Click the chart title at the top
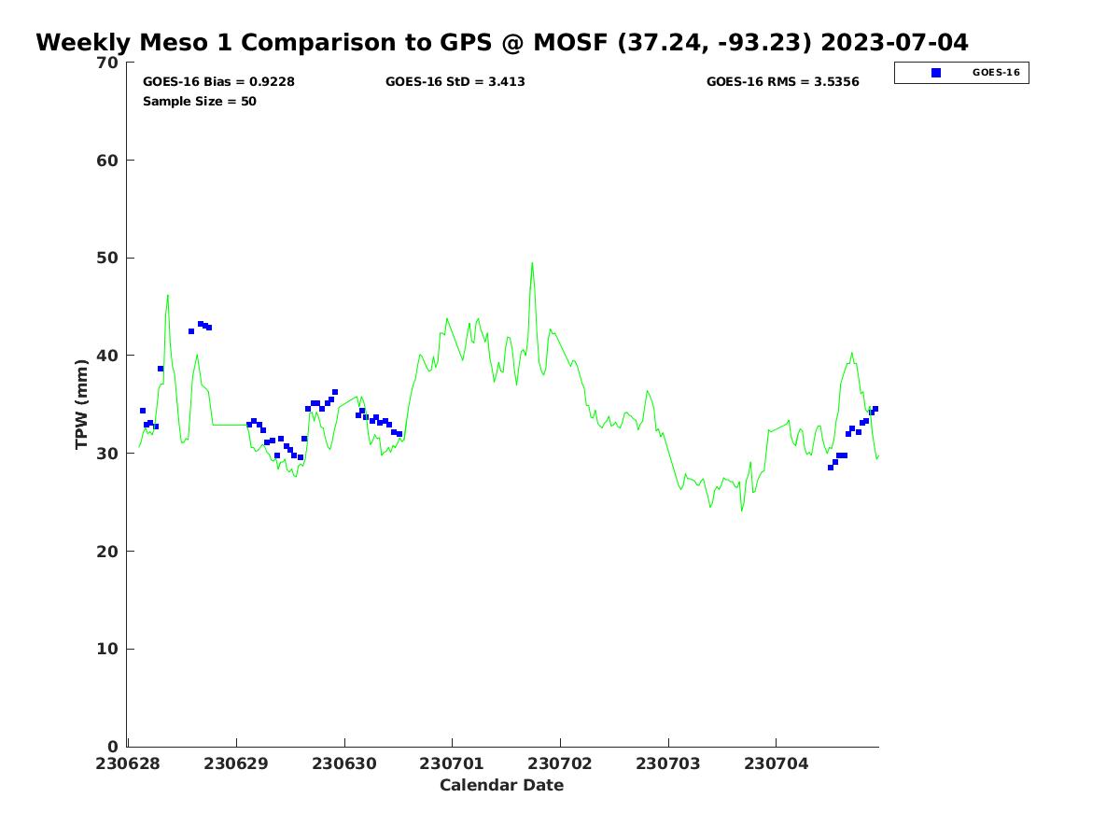click(x=502, y=43)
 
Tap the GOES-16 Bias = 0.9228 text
click(x=218, y=82)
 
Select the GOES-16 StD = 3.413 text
click(x=455, y=82)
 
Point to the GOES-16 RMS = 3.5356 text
click(x=783, y=82)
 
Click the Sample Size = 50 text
click(x=200, y=102)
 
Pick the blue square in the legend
click(x=936, y=73)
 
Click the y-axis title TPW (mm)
click(x=82, y=403)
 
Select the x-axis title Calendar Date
click(x=502, y=785)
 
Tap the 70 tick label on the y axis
click(x=109, y=63)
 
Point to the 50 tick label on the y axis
click(x=109, y=258)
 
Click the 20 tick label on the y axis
click(x=109, y=552)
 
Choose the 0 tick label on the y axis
click(x=114, y=747)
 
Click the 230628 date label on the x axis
click(x=129, y=763)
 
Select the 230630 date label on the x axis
click(x=344, y=763)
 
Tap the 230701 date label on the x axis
click(x=453, y=763)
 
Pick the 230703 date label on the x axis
click(x=668, y=763)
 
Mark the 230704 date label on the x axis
click(x=777, y=763)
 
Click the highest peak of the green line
click(x=532, y=262)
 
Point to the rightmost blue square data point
click(x=875, y=409)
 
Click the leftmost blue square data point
click(x=143, y=411)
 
